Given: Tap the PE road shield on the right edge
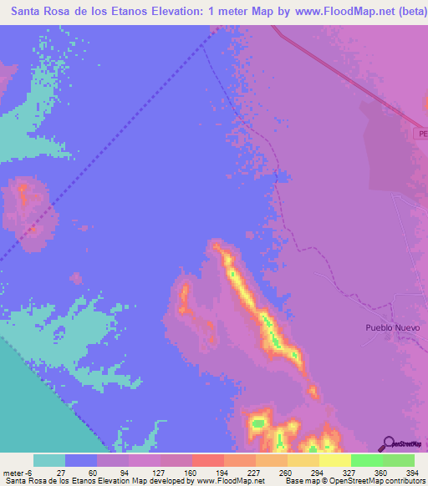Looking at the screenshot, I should [422, 134].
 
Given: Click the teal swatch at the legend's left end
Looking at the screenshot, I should [49, 460].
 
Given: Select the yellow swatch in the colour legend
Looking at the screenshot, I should [334, 460].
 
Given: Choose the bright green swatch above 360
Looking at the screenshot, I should [366, 460].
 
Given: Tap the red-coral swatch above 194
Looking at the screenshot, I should [207, 460].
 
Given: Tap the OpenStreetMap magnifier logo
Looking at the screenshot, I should [386, 443].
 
